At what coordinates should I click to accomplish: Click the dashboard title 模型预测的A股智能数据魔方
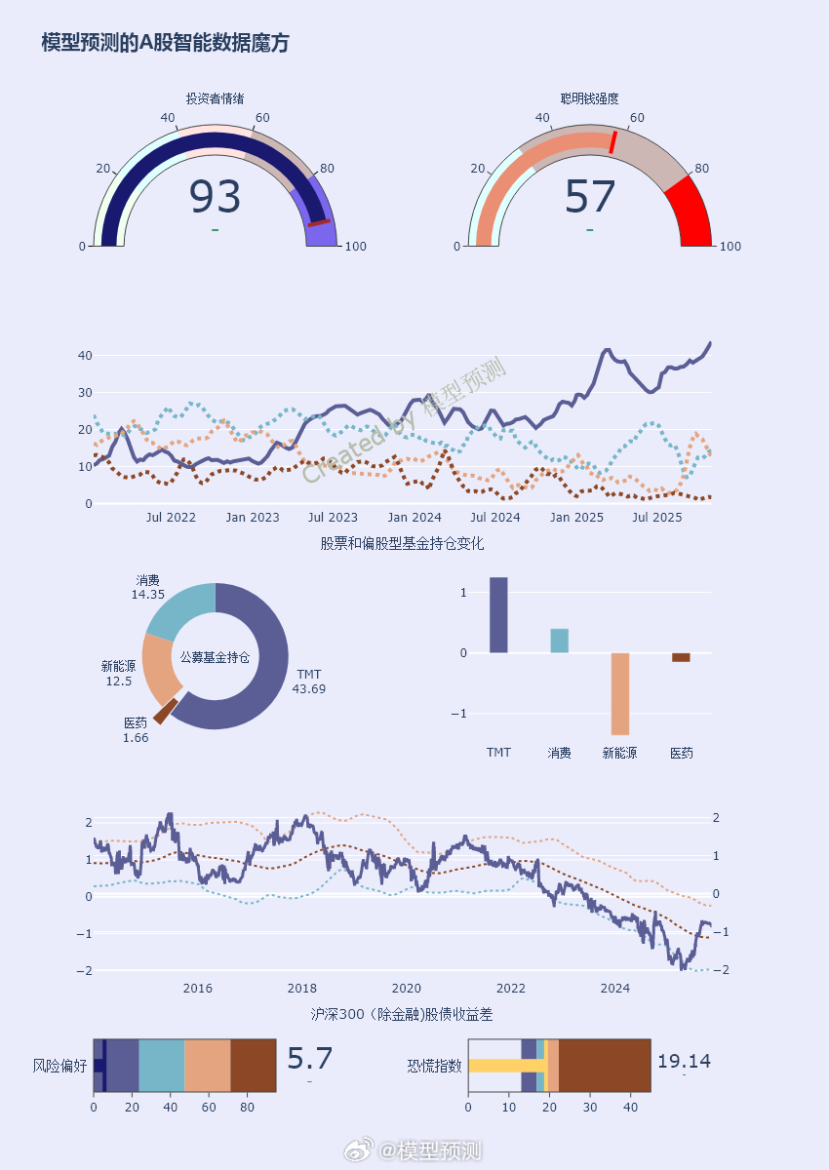click(165, 43)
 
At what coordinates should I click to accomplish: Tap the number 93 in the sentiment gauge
click(215, 197)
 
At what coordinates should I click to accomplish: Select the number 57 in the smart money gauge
click(590, 197)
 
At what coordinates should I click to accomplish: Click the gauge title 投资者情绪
click(215, 98)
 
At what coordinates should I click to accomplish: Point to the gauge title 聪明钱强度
click(590, 98)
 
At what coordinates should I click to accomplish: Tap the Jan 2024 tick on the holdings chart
click(414, 517)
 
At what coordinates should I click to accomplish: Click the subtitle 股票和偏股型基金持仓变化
click(402, 543)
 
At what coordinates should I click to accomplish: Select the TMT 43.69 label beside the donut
click(309, 682)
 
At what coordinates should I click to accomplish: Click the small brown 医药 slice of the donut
click(165, 710)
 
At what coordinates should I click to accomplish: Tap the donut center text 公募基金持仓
click(215, 657)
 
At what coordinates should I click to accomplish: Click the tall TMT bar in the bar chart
click(498, 615)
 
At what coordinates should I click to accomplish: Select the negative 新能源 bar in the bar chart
click(619, 693)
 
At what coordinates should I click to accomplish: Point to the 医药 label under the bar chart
click(681, 753)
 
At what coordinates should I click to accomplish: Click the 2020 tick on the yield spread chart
click(406, 988)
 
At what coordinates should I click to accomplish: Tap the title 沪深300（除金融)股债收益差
click(402, 1015)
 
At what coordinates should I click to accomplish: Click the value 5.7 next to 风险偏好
click(310, 1060)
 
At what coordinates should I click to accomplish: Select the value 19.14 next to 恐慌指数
click(684, 1062)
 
